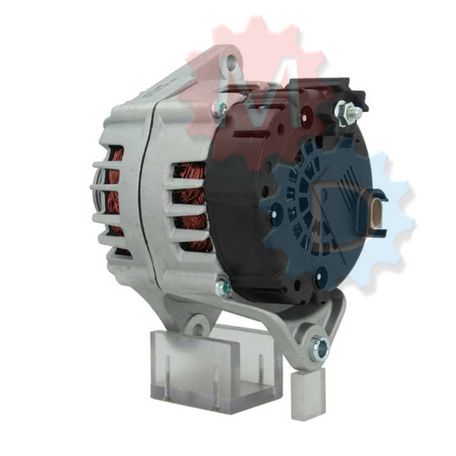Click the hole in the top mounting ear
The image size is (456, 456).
tap(229, 61)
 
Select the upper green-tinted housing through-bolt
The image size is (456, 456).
tap(220, 109)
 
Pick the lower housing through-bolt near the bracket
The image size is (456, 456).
tap(224, 288)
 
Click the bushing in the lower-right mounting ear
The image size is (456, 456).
tap(320, 346)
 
